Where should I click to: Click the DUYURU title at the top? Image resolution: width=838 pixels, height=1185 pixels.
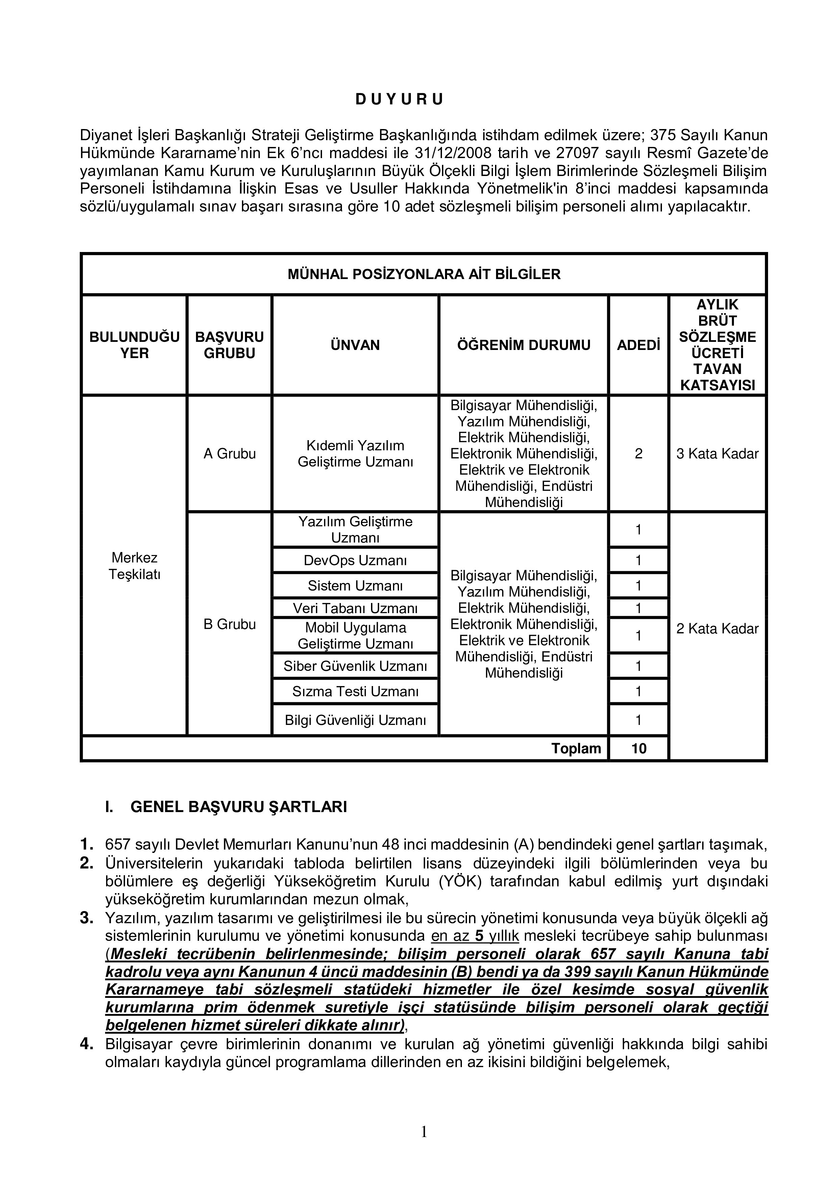[x=399, y=100]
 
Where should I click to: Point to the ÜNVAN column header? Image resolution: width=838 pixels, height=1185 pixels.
[x=355, y=345]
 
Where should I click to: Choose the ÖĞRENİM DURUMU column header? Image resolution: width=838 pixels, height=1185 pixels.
[x=523, y=345]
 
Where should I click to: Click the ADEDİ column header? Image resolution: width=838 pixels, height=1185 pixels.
[x=638, y=345]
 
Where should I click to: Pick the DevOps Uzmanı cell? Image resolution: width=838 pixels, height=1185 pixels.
[x=355, y=560]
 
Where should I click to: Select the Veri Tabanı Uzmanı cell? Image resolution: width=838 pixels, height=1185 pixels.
[x=355, y=608]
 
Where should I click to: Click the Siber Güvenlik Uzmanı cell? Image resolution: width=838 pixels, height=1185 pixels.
[x=355, y=666]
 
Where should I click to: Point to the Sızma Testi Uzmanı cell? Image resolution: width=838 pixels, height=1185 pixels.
[x=355, y=691]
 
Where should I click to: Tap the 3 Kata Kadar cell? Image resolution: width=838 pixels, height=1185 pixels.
[x=717, y=454]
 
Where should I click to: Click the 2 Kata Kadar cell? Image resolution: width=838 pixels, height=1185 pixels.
[x=717, y=629]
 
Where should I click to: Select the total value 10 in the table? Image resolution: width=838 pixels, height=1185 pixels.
[x=638, y=748]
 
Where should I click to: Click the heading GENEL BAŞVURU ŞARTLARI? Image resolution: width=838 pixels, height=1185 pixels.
[x=239, y=807]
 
